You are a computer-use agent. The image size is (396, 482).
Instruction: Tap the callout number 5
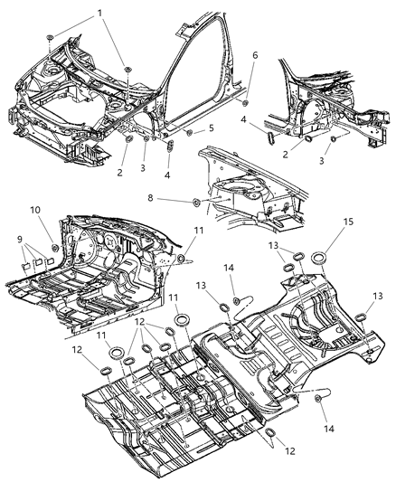pyautogui.click(x=212, y=128)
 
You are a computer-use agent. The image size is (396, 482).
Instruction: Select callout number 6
pyautogui.click(x=254, y=55)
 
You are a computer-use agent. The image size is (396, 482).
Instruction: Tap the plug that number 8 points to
pyautogui.click(x=196, y=198)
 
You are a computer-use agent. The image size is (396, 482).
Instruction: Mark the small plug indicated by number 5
pyautogui.click(x=189, y=132)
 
